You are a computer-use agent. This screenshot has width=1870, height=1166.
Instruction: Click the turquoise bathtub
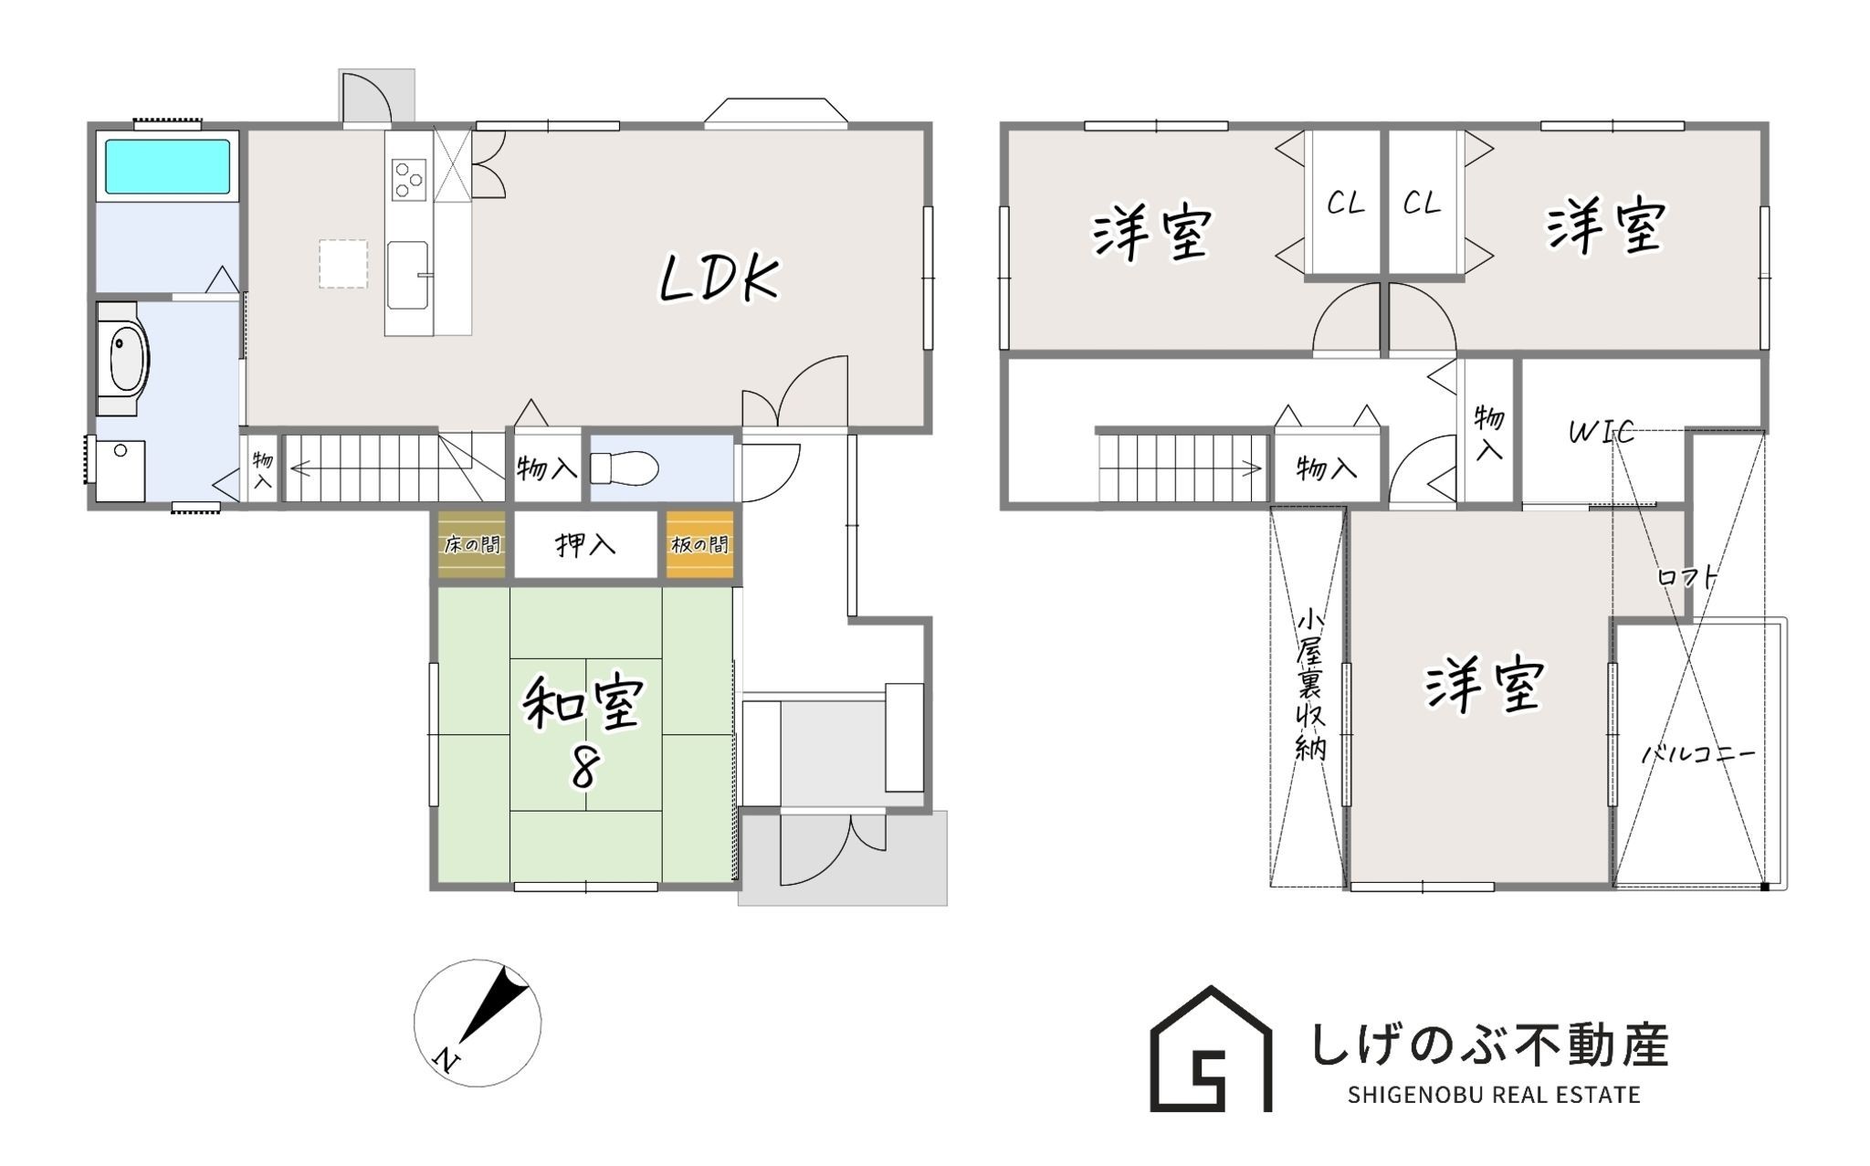point(167,166)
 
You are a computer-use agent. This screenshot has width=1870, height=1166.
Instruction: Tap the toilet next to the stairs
point(625,469)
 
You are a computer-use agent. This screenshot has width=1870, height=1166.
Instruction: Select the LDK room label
point(720,278)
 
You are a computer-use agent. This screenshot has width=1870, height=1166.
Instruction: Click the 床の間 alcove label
point(472,545)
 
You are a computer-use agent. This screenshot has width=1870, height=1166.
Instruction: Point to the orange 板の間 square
point(699,544)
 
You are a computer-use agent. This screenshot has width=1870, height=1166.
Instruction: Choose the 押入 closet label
point(586,545)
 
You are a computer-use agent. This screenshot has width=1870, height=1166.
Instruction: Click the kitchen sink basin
point(407,275)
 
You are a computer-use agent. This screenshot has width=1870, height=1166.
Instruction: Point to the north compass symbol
point(478,1023)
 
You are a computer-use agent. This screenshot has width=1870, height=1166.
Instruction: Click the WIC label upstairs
point(1602,432)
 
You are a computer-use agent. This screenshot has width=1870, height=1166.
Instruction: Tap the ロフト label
point(1688,577)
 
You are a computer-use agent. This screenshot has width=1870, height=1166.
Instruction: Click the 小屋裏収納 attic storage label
point(1310,684)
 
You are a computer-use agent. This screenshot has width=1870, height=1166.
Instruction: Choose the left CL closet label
point(1346,203)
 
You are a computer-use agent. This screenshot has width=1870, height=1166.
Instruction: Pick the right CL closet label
point(1422,203)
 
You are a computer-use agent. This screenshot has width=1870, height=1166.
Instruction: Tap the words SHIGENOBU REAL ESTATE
point(1494,1094)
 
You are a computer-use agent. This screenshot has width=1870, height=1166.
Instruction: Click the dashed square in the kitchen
point(343,264)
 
